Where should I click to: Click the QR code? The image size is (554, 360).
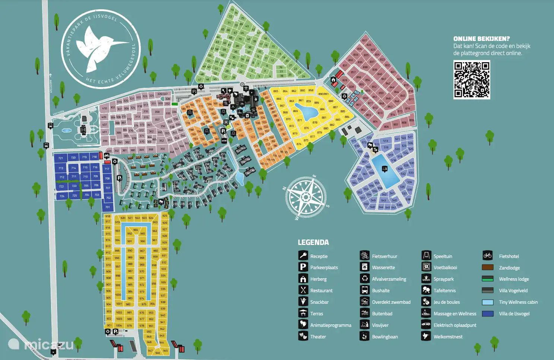coord(471,80)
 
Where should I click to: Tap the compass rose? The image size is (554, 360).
coord(306,197)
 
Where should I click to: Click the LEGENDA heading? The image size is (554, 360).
coord(313,242)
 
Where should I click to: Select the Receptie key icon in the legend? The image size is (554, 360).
coord(303,256)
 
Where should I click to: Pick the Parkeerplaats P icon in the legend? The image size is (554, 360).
coord(303,267)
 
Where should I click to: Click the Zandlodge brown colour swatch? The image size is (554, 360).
coord(487,267)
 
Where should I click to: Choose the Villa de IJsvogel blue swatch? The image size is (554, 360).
coord(487,313)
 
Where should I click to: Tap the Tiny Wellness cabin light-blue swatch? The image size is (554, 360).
coord(487,302)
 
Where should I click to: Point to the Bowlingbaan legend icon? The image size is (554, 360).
coord(364,336)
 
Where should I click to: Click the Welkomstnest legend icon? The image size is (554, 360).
coord(426,336)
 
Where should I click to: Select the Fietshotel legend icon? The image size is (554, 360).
coord(487,255)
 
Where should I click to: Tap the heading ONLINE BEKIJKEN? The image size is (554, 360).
coord(481,39)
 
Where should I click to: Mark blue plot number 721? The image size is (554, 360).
coord(60,158)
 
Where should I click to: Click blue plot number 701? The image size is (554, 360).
coord(108,207)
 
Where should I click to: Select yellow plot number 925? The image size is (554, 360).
coord(165,216)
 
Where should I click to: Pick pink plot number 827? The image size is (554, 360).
coord(364,40)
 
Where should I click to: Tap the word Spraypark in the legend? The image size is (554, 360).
coord(443,279)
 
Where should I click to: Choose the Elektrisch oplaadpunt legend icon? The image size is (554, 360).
coord(426,325)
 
